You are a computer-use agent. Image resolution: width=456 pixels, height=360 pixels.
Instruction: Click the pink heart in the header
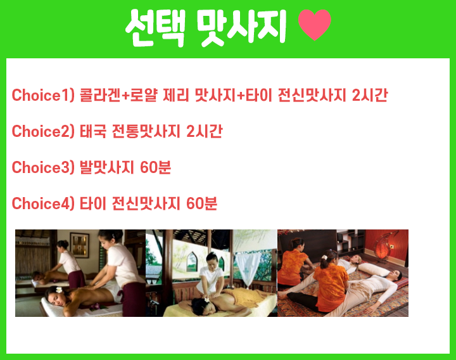pos(315,25)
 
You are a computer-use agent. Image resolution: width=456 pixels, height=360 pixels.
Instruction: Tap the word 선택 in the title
pos(155,28)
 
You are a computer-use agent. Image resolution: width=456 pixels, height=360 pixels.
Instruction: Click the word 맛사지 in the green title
pos(241,28)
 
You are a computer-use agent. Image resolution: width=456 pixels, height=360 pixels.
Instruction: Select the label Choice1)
pos(43,95)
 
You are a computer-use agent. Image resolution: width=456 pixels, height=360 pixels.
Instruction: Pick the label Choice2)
pos(43,131)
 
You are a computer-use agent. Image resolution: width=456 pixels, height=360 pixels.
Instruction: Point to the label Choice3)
pos(43,167)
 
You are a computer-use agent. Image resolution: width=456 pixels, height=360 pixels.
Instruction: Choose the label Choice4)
pos(43,203)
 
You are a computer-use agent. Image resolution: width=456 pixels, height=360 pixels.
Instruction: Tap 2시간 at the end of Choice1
pos(370,95)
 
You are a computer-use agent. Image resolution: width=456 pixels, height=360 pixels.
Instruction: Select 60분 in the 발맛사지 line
pos(156,167)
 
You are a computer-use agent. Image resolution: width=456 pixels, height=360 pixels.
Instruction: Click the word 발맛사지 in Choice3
pos(107,167)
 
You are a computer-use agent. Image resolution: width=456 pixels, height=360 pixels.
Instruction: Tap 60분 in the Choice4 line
pos(201,203)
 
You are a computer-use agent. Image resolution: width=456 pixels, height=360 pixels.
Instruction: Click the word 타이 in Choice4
pos(92,203)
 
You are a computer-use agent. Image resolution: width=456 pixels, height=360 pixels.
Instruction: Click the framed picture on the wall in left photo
pos(79,245)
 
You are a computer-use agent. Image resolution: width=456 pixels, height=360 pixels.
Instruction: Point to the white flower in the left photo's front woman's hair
pos(59,290)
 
